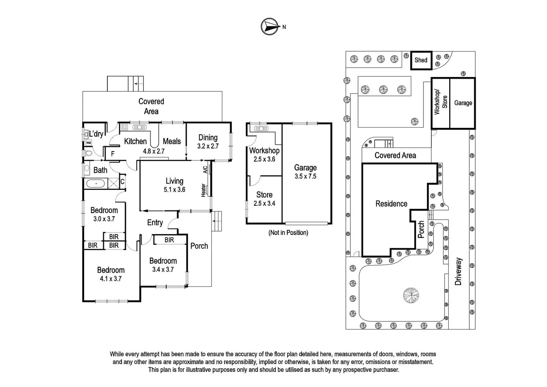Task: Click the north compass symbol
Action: pyautogui.click(x=270, y=27)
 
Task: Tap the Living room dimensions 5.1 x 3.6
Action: pyautogui.click(x=174, y=190)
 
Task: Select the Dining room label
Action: pyautogui.click(x=208, y=137)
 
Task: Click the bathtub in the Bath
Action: pyautogui.click(x=96, y=184)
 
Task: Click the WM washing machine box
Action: pyautogui.click(x=88, y=143)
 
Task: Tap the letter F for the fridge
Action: pyautogui.click(x=113, y=154)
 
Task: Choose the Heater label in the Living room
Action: pyautogui.click(x=203, y=190)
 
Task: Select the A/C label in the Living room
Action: pyautogui.click(x=205, y=169)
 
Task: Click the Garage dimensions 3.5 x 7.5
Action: pyautogui.click(x=305, y=176)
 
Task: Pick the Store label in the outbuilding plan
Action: pyautogui.click(x=264, y=195)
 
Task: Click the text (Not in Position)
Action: pyautogui.click(x=288, y=233)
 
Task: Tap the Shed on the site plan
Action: pyautogui.click(x=421, y=60)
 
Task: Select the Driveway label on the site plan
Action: pyautogui.click(x=458, y=272)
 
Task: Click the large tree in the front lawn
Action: pyautogui.click(x=411, y=296)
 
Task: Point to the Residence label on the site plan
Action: pyautogui.click(x=391, y=204)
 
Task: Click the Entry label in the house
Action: pyautogui.click(x=155, y=223)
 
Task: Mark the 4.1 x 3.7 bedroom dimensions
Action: pyautogui.click(x=111, y=279)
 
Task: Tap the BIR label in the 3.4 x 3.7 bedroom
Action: pyautogui.click(x=169, y=240)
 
